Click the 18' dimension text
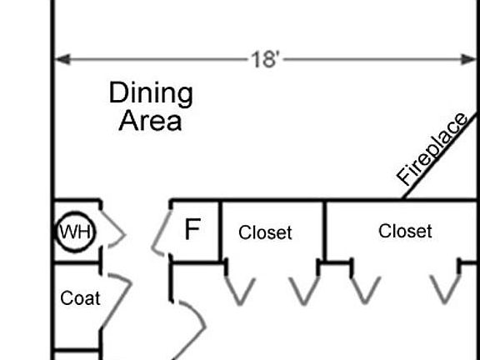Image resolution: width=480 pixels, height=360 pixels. pos(265,59)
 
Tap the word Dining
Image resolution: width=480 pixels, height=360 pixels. pos(151,93)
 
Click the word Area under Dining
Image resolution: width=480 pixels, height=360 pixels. pos(150,121)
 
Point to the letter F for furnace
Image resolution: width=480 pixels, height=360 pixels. pos(192,229)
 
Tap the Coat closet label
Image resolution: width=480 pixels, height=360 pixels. pos(80,298)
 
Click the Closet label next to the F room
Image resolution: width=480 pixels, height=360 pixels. pos(265,232)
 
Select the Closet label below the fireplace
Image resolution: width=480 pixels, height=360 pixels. pos(405,231)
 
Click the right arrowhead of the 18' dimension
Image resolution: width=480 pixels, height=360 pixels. pos(468,59)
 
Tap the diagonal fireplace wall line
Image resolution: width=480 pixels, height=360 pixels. pos(440,156)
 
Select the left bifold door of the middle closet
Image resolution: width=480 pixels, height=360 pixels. pos(239,292)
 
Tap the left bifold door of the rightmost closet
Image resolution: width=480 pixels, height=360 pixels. pos(365,291)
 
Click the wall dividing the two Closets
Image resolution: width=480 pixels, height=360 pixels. pos(324,232)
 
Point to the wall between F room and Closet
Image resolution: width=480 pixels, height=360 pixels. pos(220,232)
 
